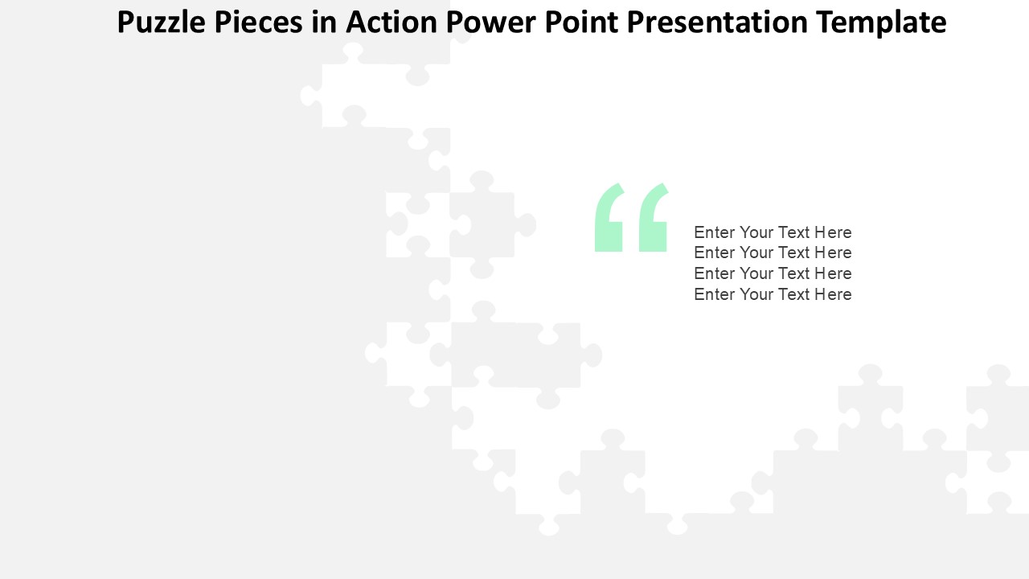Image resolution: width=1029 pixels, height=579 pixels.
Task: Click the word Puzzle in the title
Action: pos(161,23)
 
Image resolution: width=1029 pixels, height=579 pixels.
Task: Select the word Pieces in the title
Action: pos(259,22)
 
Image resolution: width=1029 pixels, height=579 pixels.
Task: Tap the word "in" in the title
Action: pos(324,22)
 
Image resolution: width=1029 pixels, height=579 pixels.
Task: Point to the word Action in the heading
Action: pos(392,22)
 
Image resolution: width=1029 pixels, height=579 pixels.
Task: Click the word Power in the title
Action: pos(490,22)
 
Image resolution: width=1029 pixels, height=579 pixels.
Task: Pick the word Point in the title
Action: pos(581,22)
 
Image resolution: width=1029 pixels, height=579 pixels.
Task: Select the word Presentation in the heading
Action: pos(717,22)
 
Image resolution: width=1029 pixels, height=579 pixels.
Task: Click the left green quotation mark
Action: pos(609,217)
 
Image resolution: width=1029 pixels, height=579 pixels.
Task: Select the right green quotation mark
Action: pos(654,217)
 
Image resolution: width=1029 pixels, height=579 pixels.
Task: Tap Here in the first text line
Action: pos(834,232)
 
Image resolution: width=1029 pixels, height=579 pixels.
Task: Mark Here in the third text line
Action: pos(834,273)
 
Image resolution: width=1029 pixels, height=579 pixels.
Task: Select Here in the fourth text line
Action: pos(834,294)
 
